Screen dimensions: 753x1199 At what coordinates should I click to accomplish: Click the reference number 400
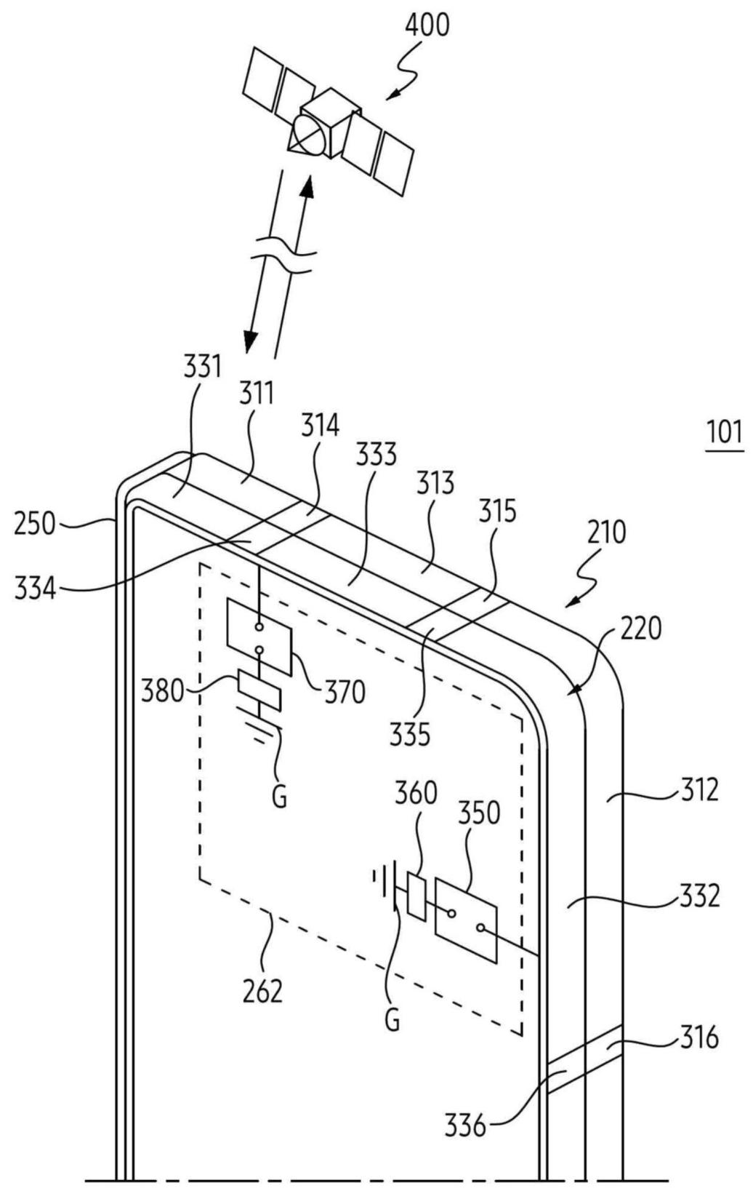click(427, 25)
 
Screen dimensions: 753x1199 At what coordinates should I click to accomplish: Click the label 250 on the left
click(36, 524)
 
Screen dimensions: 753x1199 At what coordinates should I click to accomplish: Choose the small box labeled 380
click(259, 690)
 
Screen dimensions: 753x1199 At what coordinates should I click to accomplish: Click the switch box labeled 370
click(260, 637)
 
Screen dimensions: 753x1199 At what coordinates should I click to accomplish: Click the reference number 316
click(699, 1038)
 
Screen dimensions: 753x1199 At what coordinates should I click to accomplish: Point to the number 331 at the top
click(202, 367)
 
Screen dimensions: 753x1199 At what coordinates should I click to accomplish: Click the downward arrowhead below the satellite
click(250, 341)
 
